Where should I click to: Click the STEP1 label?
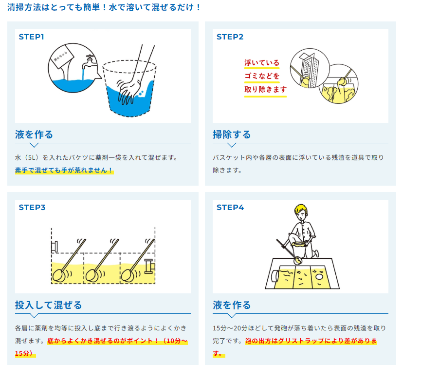[32, 37]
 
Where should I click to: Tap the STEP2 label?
[230, 37]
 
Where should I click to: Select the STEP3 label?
[32, 208]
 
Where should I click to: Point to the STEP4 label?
[230, 208]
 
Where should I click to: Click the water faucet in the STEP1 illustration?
[89, 62]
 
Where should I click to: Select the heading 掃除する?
[232, 134]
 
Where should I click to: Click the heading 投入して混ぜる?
[48, 305]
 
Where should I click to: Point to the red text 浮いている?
[262, 63]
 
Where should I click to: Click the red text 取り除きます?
[265, 89]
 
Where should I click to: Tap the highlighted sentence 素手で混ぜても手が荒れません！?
[64, 170]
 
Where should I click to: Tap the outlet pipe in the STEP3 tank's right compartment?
[150, 267]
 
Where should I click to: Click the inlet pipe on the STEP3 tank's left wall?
[54, 247]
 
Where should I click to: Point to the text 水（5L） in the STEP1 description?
[28, 157]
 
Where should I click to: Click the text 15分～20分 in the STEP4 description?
[230, 328]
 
